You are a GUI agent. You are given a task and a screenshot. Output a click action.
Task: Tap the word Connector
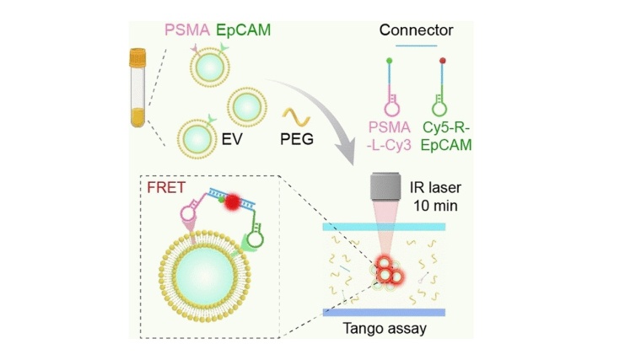[416, 30]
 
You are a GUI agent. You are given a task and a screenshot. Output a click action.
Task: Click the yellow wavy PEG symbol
[296, 113]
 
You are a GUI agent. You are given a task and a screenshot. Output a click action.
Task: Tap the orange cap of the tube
[137, 58]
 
